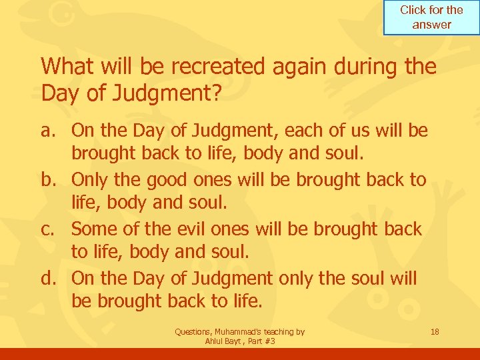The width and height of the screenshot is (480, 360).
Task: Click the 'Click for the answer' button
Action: coord(431,17)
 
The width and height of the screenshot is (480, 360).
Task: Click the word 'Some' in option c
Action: coord(95,229)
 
